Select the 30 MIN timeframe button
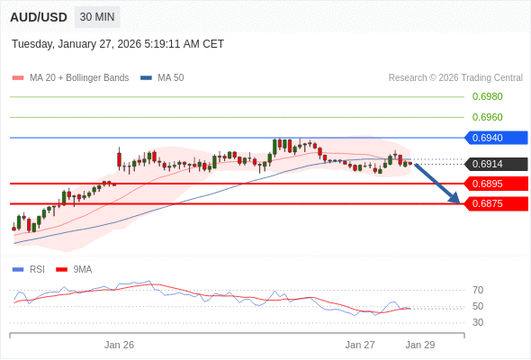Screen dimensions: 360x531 coord(97,17)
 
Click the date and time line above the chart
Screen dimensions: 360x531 coord(118,44)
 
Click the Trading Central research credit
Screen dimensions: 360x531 coord(455,78)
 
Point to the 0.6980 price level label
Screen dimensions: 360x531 coord(487,96)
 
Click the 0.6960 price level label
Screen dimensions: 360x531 coord(487,117)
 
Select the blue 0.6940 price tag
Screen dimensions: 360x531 coord(495,138)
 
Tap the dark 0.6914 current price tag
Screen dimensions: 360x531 coord(495,164)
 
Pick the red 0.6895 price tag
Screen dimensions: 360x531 coord(495,184)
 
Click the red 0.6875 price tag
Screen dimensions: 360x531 coord(495,203)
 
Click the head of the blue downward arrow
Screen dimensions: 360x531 coord(456,199)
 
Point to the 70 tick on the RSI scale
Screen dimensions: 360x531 coord(478,290)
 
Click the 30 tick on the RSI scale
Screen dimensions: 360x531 coord(478,322)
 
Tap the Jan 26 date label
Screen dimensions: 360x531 coord(119,345)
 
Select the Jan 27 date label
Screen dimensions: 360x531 coord(360,345)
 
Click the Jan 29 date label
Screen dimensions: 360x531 coord(420,345)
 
